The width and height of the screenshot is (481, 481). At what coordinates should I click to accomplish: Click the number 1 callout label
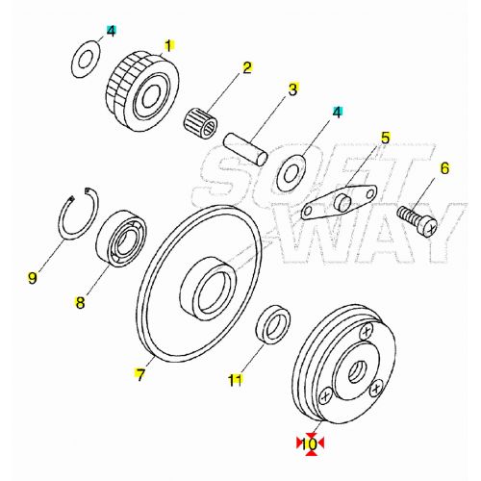pos(168,45)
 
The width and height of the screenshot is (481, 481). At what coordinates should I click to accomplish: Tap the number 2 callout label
pos(247,67)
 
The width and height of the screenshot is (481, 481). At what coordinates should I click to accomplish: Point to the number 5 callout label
pos(384,138)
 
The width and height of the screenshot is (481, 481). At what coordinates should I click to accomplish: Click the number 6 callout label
pos(444,168)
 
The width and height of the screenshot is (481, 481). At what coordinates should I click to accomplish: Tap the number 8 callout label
pos(81,301)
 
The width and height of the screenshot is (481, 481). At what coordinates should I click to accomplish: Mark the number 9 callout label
pos(33,279)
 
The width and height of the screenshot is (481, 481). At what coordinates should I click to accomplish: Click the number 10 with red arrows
pos(310,443)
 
